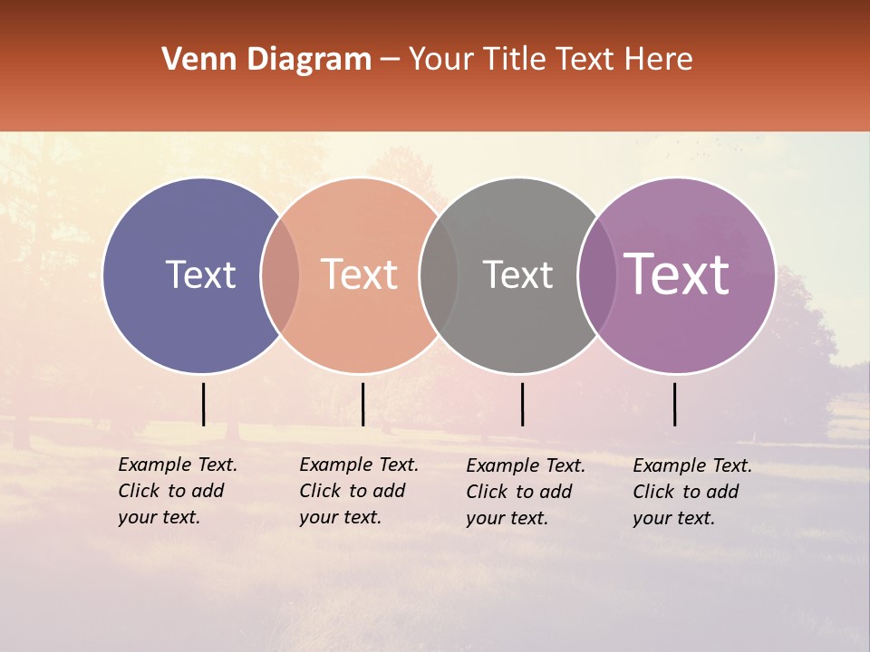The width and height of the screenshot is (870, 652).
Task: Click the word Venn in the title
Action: (188, 60)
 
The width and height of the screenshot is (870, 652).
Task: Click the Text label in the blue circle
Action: (200, 274)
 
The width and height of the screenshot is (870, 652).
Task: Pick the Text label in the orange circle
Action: (360, 274)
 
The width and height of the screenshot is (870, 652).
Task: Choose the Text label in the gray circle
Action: (517, 275)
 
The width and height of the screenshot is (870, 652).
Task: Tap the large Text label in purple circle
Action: (677, 274)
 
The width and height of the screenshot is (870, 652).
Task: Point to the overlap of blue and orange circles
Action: (280, 275)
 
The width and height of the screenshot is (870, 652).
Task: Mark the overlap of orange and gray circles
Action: (439, 275)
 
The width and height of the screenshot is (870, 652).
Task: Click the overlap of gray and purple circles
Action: (597, 275)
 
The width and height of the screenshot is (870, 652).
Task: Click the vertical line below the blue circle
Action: (203, 404)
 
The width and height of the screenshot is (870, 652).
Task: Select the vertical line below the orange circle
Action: (362, 404)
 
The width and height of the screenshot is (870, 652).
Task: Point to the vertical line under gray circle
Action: (522, 404)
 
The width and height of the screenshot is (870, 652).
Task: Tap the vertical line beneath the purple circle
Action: (675, 404)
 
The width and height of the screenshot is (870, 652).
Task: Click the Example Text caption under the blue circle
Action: (178, 491)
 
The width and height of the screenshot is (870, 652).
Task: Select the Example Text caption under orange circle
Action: (359, 491)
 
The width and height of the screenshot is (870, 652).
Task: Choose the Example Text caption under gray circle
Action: (526, 492)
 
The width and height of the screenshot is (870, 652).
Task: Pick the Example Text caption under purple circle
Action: (692, 492)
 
